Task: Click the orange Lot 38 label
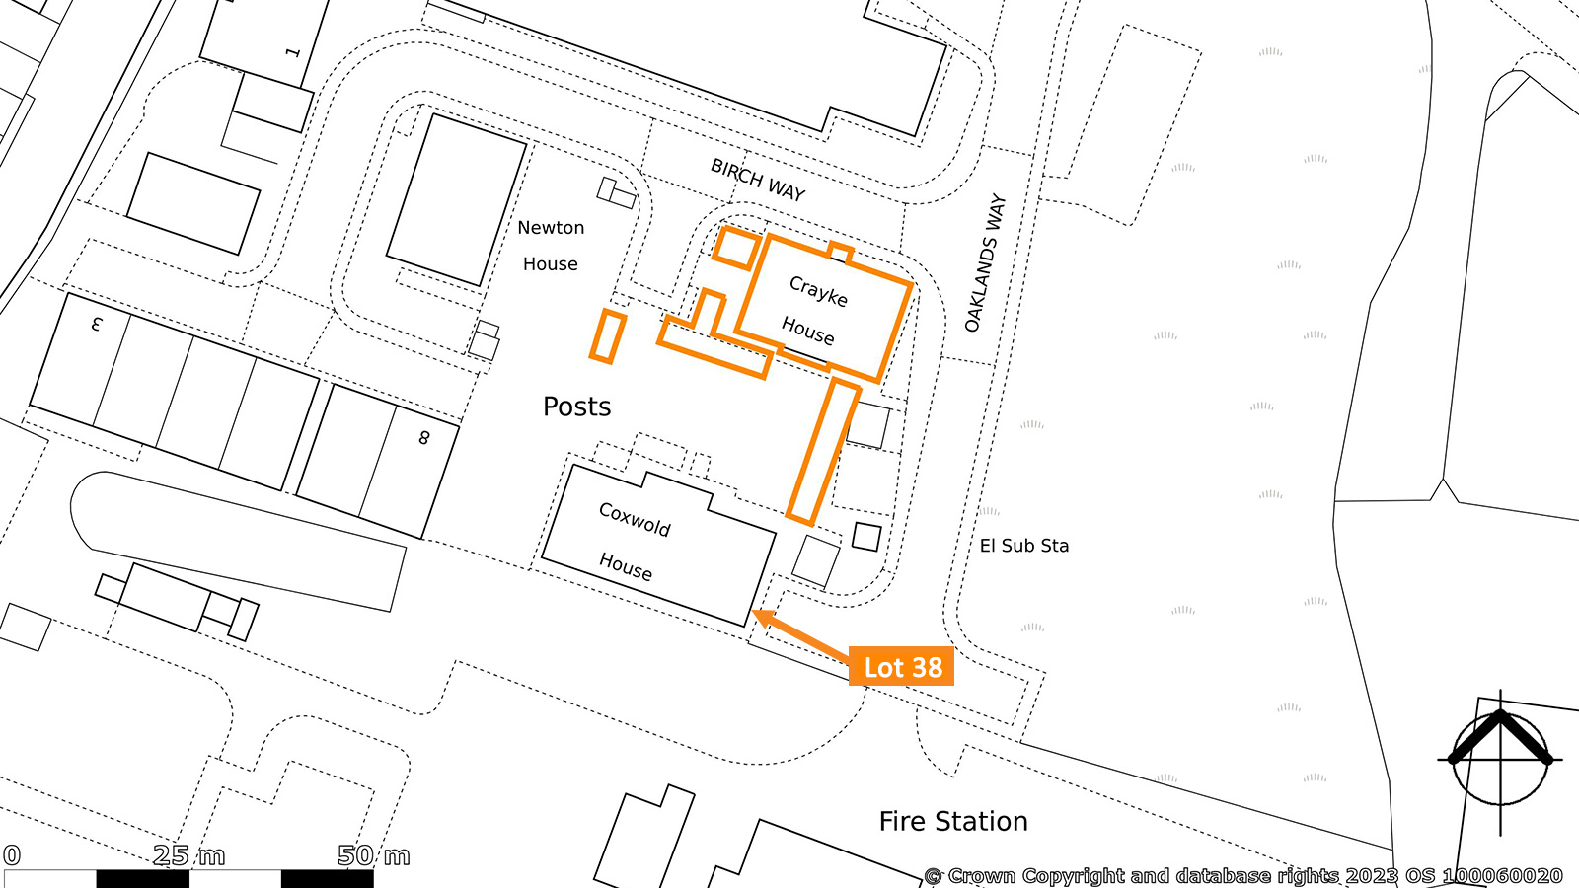coord(901,666)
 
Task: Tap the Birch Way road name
coord(758,180)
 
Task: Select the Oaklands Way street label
coord(986,262)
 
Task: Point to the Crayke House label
coord(813,311)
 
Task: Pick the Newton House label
coord(551,246)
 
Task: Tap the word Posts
coord(576,407)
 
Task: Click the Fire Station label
coord(953,821)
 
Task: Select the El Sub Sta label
coord(1024,546)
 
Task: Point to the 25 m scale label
coord(188,855)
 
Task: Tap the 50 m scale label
coord(374,855)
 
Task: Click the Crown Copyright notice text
coord(1243,876)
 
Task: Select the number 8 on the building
coord(423,438)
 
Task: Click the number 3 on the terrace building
coord(98,325)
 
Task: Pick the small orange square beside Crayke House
coord(736,248)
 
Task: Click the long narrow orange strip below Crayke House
coord(823,452)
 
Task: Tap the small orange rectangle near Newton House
coord(608,336)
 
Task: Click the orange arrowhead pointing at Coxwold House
coord(765,618)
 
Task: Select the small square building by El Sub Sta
coord(866,537)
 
